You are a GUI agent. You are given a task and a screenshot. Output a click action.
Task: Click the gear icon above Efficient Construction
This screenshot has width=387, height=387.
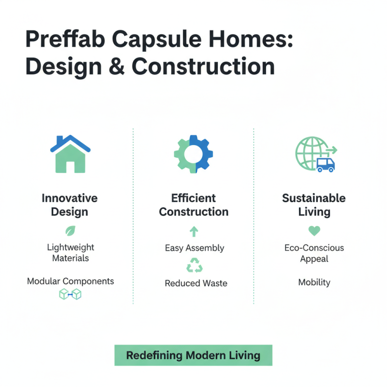click(x=193, y=153)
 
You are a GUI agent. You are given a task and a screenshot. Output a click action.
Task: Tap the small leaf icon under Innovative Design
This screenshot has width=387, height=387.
click(x=70, y=230)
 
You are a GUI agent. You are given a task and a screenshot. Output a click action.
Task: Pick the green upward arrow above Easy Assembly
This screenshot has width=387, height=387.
click(x=193, y=231)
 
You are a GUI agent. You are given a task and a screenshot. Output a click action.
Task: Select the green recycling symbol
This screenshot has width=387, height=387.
click(x=194, y=266)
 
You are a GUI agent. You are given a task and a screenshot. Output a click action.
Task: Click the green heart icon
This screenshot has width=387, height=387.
click(x=314, y=230)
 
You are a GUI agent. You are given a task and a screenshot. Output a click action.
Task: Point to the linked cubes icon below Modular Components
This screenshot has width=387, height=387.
click(x=70, y=294)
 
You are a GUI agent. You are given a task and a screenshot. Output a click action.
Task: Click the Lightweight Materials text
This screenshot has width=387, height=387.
click(x=70, y=253)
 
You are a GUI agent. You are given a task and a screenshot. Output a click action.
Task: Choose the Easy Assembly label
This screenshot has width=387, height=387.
click(x=194, y=248)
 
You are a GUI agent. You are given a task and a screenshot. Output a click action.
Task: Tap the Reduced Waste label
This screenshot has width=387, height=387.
click(x=196, y=283)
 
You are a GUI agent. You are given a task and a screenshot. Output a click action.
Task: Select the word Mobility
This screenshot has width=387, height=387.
click(x=314, y=283)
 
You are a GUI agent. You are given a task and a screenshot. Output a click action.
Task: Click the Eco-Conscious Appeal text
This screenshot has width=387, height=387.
click(x=314, y=253)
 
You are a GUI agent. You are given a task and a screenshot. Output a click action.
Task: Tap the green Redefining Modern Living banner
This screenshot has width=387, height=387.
click(x=193, y=356)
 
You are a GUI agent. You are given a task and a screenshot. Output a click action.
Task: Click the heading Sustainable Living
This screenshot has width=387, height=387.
click(x=314, y=205)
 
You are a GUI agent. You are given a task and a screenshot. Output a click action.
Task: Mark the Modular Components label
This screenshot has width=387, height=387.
click(x=70, y=281)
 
